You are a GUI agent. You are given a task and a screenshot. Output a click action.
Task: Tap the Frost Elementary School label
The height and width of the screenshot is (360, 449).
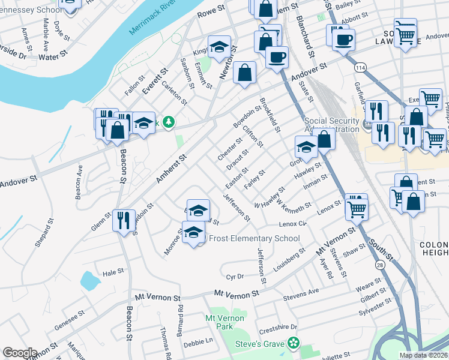[253, 238]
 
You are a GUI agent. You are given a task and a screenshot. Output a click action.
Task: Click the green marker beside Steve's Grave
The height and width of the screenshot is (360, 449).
[294, 343]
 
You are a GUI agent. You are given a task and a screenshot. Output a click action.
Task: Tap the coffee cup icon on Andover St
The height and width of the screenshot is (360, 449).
[276, 58]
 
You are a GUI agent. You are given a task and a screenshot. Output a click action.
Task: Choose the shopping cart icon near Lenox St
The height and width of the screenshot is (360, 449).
[357, 208]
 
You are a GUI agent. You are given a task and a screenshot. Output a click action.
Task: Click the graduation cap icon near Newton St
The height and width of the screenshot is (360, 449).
[220, 47]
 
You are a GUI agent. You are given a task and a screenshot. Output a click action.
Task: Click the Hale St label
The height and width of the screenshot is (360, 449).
[113, 271]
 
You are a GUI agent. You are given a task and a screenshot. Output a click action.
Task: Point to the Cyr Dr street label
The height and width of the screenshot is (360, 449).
[235, 277]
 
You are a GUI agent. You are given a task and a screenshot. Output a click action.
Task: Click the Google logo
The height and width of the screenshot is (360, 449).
[19, 353]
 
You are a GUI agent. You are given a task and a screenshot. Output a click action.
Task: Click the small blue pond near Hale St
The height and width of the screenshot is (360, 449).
[89, 280]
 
